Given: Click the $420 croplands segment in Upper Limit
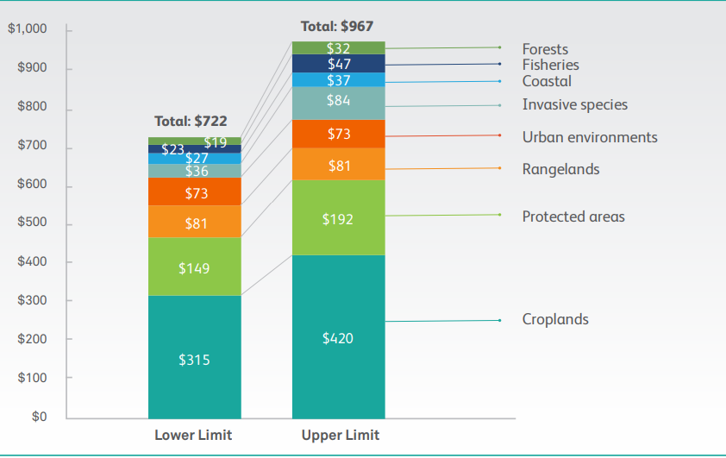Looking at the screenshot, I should (338, 337).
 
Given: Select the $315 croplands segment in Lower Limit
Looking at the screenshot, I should (194, 358).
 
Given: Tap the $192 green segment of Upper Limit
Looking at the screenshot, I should (338, 218).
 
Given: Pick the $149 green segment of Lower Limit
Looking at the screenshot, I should (194, 267).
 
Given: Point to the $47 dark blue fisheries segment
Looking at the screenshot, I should (338, 64).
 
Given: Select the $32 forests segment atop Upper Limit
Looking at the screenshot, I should (338, 48).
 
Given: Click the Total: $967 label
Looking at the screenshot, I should (336, 27).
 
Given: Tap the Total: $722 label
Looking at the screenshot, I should (191, 122).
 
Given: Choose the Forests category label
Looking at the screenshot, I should (545, 49).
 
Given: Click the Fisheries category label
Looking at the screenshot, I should (550, 65).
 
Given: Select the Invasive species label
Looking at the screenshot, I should (574, 105).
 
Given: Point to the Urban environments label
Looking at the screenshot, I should (590, 137).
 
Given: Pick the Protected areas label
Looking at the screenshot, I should (573, 216).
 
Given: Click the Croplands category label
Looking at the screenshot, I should (555, 319).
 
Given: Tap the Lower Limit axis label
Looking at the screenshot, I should (193, 435).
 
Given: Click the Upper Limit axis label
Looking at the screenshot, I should (340, 435).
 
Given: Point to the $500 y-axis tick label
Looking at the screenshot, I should (32, 224).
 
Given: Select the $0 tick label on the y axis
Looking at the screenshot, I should (38, 417).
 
